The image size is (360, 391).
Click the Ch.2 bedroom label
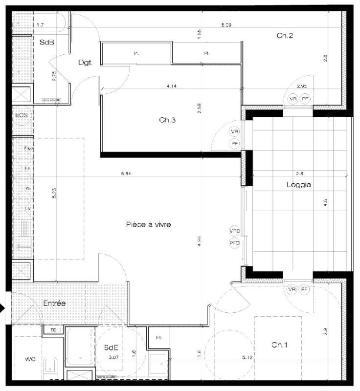click(285, 35)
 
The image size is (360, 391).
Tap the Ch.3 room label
click(167, 120)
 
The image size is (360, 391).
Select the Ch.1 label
click(279, 345)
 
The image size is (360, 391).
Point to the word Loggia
click(298, 185)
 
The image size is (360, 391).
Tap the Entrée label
click(54, 303)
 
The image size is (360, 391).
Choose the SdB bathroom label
click(46, 43)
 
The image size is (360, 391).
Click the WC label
click(31, 359)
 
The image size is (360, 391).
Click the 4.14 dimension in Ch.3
click(171, 86)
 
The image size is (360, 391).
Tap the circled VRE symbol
click(234, 231)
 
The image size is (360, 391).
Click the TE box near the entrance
click(52, 330)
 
